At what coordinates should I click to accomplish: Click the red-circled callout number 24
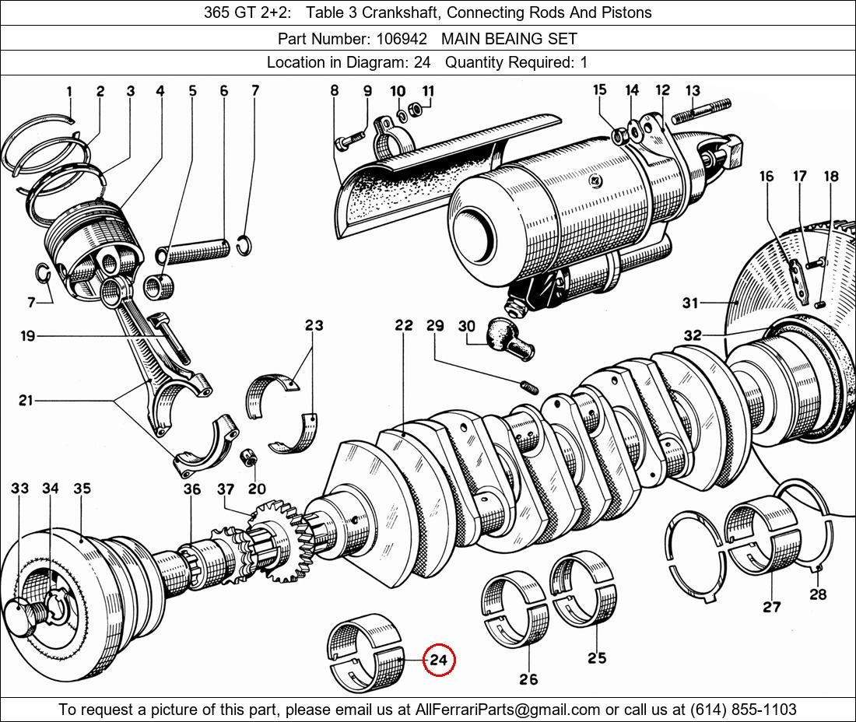[438, 661]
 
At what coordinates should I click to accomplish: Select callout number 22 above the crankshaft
[403, 325]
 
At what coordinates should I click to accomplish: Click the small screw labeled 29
[528, 386]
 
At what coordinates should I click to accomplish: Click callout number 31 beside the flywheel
[690, 303]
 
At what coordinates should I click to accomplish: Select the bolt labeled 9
[351, 140]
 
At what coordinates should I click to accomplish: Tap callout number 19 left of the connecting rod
[28, 336]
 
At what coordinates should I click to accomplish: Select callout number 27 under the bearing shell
[771, 606]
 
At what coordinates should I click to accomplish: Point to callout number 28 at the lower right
[818, 594]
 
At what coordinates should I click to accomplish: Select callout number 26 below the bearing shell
[528, 678]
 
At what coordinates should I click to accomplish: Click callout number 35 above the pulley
[82, 489]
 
